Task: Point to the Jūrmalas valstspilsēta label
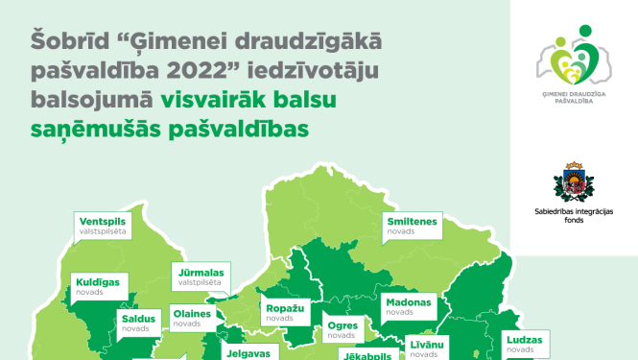(x=201, y=277)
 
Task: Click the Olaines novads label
(x=198, y=316)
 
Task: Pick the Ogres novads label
(x=343, y=329)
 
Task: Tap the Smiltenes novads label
(x=412, y=227)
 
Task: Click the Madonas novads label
(x=410, y=306)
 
